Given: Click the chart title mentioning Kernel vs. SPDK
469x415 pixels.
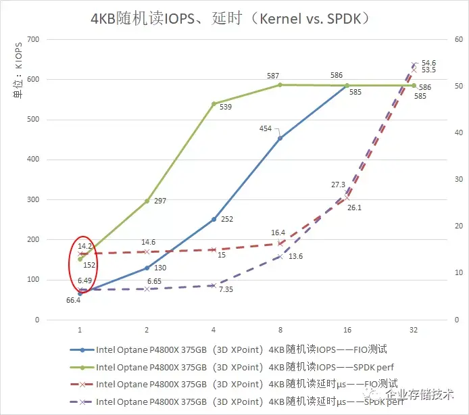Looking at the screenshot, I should [230, 18].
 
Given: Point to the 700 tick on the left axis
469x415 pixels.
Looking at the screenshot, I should [31, 40].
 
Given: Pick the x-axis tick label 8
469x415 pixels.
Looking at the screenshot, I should [280, 330].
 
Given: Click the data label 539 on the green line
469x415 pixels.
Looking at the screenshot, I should [226, 107].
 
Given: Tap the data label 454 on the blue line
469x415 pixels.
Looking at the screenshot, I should [266, 128].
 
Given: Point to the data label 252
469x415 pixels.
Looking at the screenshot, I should [226, 219].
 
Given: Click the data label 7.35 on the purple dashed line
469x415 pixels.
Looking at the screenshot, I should [225, 289].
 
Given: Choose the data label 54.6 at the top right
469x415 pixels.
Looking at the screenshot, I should [428, 62].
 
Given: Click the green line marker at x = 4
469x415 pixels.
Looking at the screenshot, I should [214, 104].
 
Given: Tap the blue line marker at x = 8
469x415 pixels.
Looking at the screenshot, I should [280, 138].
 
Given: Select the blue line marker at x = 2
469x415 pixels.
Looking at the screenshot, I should [147, 268].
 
